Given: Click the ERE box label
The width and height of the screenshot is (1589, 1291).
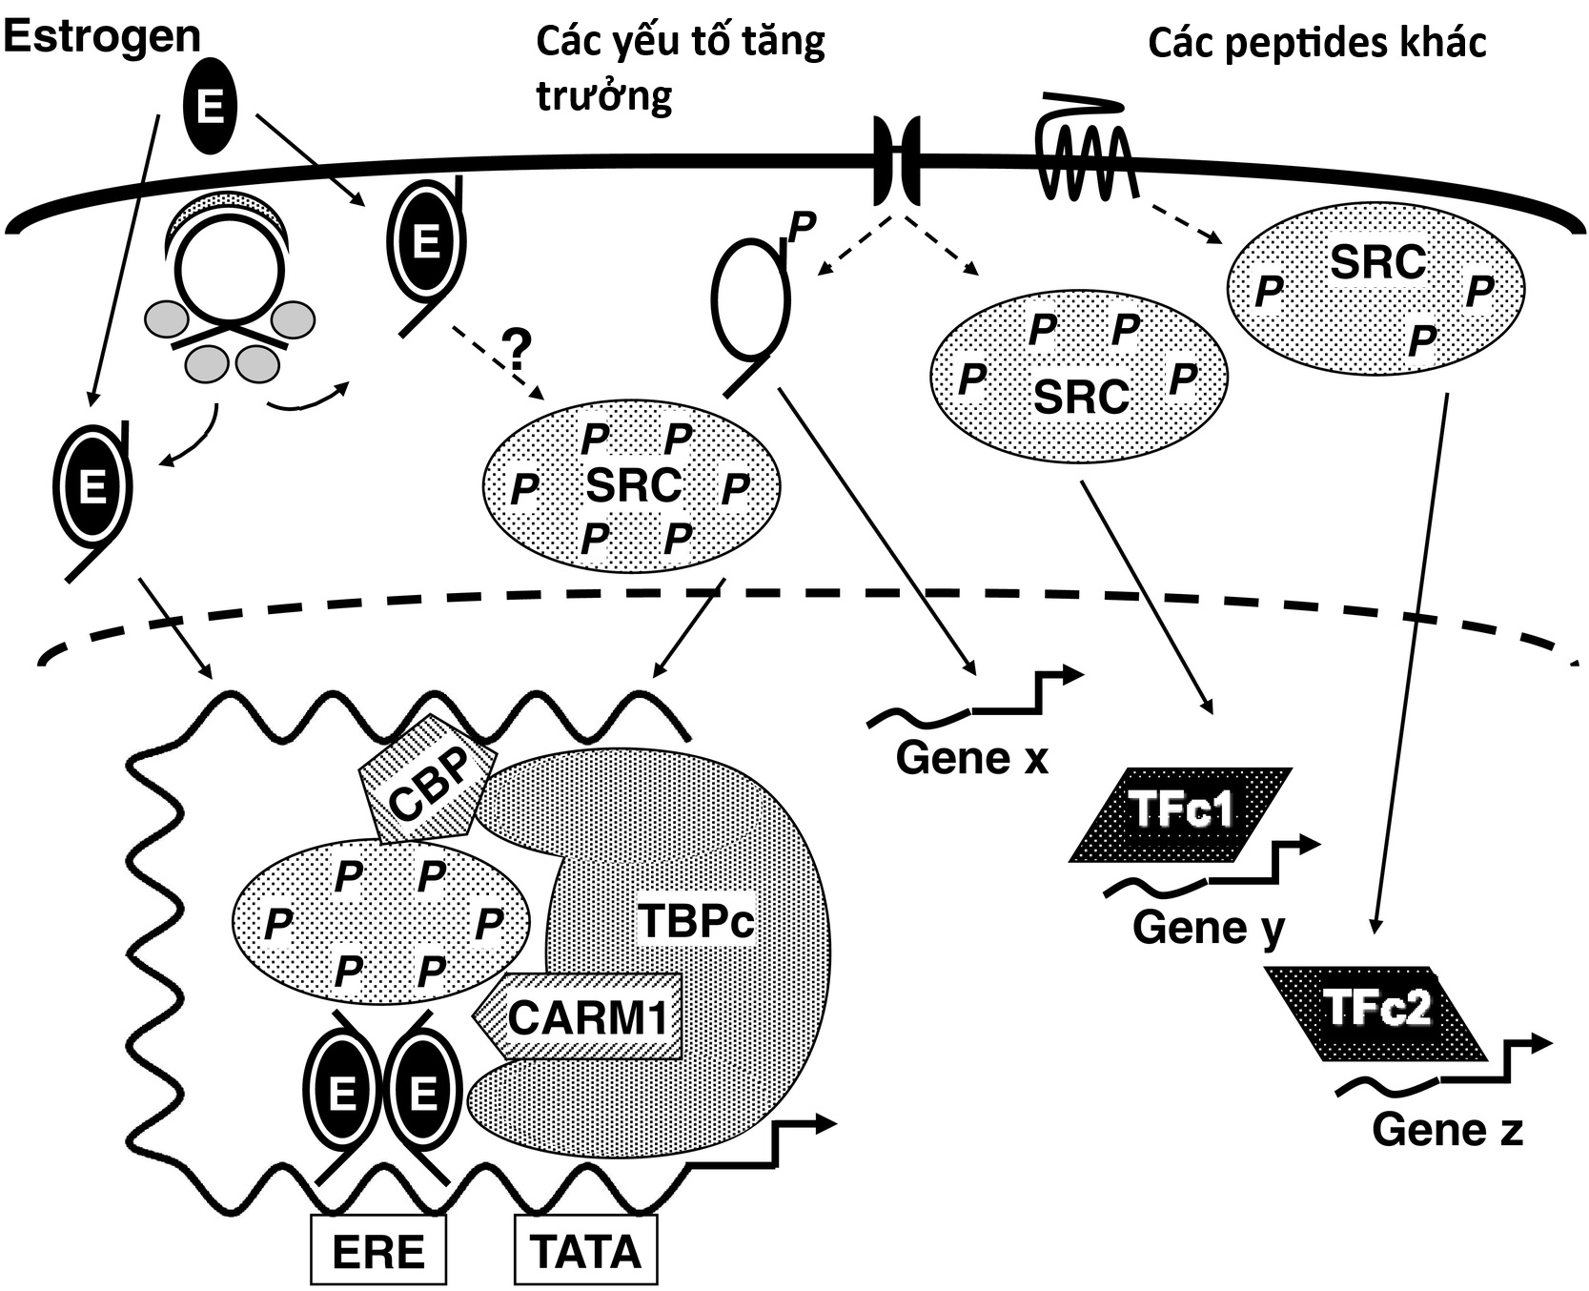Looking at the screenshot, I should click(x=377, y=1250).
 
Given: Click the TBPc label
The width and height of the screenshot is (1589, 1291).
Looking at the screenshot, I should click(x=695, y=921).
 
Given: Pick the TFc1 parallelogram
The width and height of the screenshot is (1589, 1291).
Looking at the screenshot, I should click(x=1181, y=814).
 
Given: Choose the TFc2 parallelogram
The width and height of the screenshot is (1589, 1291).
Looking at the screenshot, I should click(x=1376, y=1013).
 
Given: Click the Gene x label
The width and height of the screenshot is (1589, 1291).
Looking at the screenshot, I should click(x=971, y=758).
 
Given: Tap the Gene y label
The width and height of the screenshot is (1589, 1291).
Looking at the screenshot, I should click(x=1209, y=928).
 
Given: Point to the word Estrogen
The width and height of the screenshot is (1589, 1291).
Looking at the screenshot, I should click(x=102, y=36).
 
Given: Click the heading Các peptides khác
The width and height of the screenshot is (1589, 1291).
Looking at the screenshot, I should click(x=1316, y=43).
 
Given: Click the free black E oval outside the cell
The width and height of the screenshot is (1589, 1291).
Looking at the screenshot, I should click(x=210, y=108).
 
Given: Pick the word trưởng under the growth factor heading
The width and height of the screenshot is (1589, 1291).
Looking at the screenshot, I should click(x=603, y=95).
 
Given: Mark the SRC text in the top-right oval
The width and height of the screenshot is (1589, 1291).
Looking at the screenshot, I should click(x=1376, y=261).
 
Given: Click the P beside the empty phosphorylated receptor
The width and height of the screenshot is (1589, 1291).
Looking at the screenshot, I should click(x=803, y=225).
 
